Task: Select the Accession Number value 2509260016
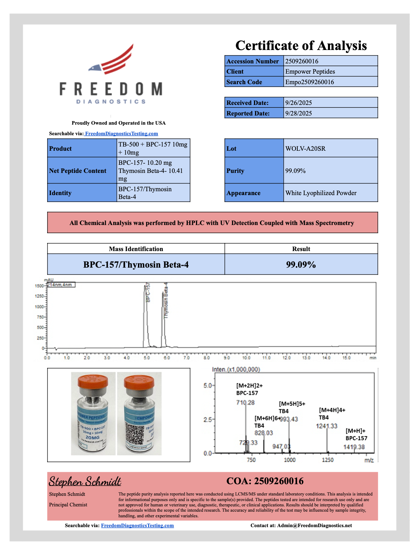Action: click(302, 61)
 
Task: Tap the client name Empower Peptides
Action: click(310, 71)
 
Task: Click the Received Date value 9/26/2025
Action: click(298, 103)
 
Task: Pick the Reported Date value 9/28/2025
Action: click(298, 113)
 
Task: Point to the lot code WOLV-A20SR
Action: click(305, 149)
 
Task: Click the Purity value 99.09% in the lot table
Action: click(295, 171)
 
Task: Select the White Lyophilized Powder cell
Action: click(321, 193)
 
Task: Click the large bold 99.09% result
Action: click(301, 264)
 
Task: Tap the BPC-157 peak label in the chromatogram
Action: click(148, 292)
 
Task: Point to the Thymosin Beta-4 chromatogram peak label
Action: click(166, 300)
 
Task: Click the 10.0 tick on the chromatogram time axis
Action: click(246, 358)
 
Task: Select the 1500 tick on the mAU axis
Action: click(39, 286)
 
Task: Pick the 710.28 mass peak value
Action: click(245, 402)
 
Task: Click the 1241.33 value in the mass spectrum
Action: click(327, 426)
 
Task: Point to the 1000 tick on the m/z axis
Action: click(290, 460)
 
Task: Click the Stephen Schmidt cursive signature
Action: click(85, 481)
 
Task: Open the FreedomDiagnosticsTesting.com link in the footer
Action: click(137, 525)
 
